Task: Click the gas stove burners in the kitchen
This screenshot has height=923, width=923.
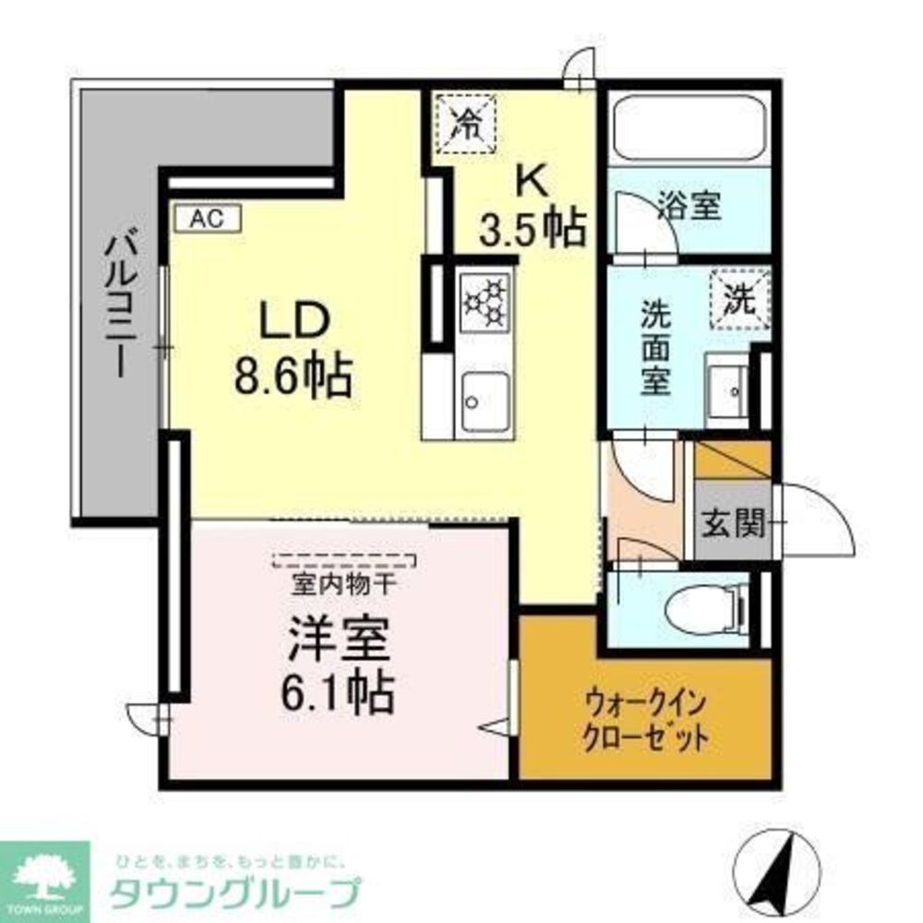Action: pyautogui.click(x=485, y=302)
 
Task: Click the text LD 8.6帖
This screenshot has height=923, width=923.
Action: pyautogui.click(x=293, y=350)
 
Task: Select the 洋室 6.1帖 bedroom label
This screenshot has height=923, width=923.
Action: pyautogui.click(x=342, y=663)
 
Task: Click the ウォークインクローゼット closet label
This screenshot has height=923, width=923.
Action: pyautogui.click(x=645, y=722)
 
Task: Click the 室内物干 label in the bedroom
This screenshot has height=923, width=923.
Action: pyautogui.click(x=343, y=584)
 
